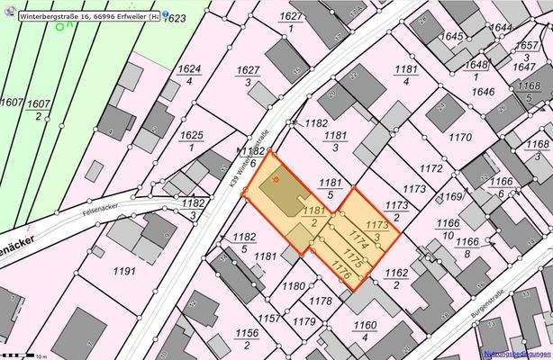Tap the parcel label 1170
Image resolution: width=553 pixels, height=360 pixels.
click(459, 138)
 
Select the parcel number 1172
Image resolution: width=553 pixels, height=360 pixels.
click(431, 168)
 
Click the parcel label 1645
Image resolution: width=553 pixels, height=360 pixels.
click(452, 37)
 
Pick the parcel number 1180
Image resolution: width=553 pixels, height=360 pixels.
click(294, 286)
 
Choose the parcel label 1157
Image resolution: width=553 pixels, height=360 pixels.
click(267, 319)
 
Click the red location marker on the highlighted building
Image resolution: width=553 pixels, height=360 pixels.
click(277, 178)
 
